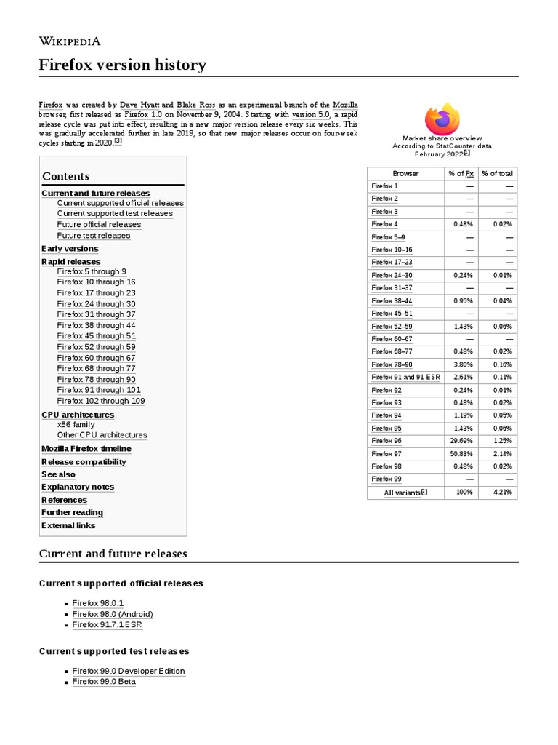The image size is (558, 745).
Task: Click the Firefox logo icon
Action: point(442,118)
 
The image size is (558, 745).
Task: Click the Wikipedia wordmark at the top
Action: point(70,41)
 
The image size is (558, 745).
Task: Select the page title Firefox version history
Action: point(122,65)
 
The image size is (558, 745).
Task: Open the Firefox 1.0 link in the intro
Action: point(142,115)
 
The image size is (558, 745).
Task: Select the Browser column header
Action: point(405,173)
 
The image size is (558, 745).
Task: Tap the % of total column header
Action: point(498,173)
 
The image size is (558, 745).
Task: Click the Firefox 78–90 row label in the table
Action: point(392,364)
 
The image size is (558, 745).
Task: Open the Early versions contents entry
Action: point(70,249)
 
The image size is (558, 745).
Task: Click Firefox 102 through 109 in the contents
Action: point(101,401)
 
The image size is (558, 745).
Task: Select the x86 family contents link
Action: point(76,424)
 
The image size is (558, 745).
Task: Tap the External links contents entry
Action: point(68,525)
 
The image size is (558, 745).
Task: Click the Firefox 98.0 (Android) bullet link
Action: point(113,614)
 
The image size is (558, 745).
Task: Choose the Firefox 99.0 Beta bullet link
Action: point(104,682)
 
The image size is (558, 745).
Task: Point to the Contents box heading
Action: point(66,176)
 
